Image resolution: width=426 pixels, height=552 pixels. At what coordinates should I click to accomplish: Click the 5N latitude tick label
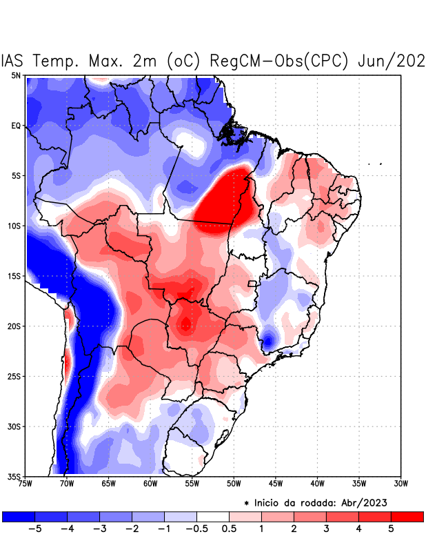15,76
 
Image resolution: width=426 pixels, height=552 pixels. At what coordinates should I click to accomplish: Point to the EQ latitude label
15,126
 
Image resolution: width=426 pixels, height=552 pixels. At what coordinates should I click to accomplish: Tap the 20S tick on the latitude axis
13,326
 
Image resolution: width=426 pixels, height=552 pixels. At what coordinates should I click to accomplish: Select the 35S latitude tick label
13,476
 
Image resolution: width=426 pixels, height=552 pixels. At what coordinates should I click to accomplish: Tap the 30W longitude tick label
401,484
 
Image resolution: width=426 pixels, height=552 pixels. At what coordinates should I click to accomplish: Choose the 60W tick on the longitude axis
150,484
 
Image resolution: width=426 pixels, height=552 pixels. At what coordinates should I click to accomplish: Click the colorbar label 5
391,529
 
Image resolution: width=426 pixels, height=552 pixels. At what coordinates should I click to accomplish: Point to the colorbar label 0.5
230,529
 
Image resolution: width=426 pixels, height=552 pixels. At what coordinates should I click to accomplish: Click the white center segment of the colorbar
213,516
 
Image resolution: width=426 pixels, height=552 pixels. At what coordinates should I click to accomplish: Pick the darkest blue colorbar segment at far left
19,516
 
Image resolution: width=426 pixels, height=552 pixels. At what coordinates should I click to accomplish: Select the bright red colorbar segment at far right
407,516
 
